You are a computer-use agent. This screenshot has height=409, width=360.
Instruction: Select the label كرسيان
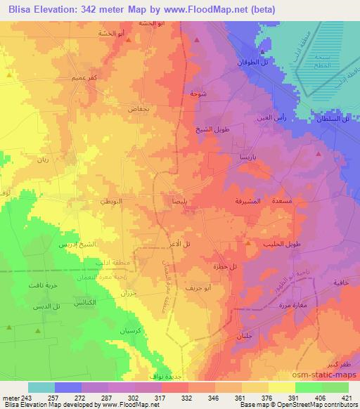pyautogui.click(x=133, y=332)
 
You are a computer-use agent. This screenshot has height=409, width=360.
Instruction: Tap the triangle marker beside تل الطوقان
pyautogui.click(x=261, y=52)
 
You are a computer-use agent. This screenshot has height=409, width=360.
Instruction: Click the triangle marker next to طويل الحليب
pyautogui.click(x=248, y=243)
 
